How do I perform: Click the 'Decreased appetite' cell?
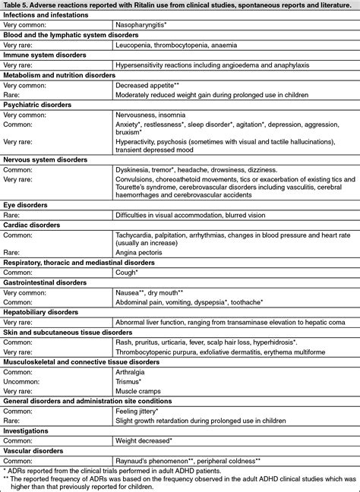coord(147,87)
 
